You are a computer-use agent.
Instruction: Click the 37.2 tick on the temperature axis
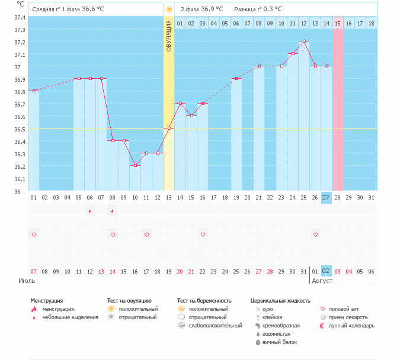20,43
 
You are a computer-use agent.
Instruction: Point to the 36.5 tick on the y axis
20,129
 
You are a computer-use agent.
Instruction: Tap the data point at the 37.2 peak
304,41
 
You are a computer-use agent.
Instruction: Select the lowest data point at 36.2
135,166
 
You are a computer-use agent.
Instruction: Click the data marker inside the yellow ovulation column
169,128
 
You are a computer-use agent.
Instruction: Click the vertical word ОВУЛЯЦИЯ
169,36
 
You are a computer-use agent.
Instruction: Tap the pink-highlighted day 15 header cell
338,23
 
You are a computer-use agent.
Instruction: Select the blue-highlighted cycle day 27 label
327,198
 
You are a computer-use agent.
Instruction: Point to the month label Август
322,281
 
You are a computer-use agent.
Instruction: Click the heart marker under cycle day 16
203,235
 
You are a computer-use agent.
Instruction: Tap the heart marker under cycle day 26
315,235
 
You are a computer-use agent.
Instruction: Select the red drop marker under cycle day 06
90,211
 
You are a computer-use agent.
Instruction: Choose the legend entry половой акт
344,309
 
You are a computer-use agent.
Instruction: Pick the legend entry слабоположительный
215,326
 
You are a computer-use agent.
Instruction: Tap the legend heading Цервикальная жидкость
280,301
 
